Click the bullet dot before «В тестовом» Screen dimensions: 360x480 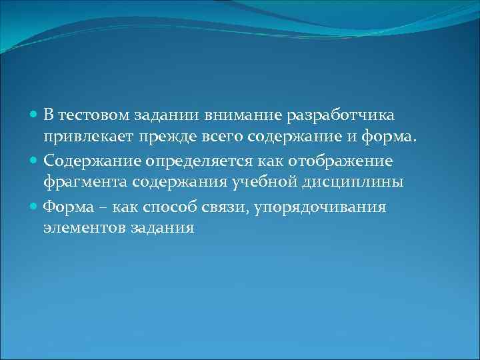pos(35,115)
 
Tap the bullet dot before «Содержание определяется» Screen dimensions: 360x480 pos(35,161)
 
